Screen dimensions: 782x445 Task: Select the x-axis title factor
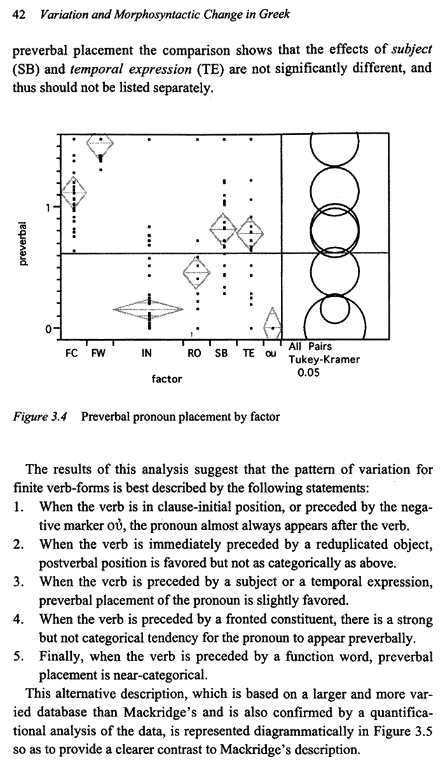167,379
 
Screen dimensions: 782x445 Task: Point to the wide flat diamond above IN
149,309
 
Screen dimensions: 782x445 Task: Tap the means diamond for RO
196,272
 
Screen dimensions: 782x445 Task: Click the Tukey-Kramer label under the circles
324,360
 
